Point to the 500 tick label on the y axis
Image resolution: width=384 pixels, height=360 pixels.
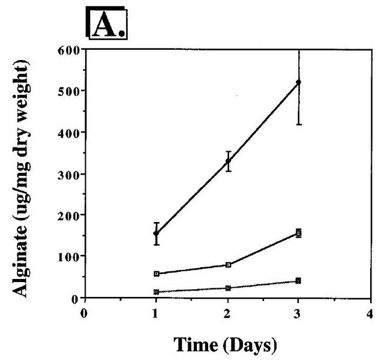pyautogui.click(x=70, y=91)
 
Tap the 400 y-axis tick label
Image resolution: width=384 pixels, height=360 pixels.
pyautogui.click(x=70, y=132)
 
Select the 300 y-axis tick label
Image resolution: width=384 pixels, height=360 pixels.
pyautogui.click(x=70, y=174)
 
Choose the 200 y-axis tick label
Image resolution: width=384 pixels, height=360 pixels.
pyautogui.click(x=70, y=215)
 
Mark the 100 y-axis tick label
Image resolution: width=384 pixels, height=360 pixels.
pyautogui.click(x=70, y=256)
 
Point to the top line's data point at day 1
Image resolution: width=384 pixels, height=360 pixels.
pyautogui.click(x=156, y=233)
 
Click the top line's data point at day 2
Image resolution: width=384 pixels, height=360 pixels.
pyautogui.click(x=228, y=161)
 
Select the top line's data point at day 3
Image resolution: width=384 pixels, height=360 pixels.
pyautogui.click(x=299, y=82)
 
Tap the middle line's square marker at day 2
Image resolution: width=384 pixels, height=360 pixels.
pyautogui.click(x=228, y=265)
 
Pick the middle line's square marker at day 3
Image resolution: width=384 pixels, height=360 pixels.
pyautogui.click(x=299, y=233)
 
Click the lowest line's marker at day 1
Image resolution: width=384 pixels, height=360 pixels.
pyautogui.click(x=156, y=292)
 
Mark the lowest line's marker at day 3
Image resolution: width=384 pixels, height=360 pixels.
pyautogui.click(x=299, y=281)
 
